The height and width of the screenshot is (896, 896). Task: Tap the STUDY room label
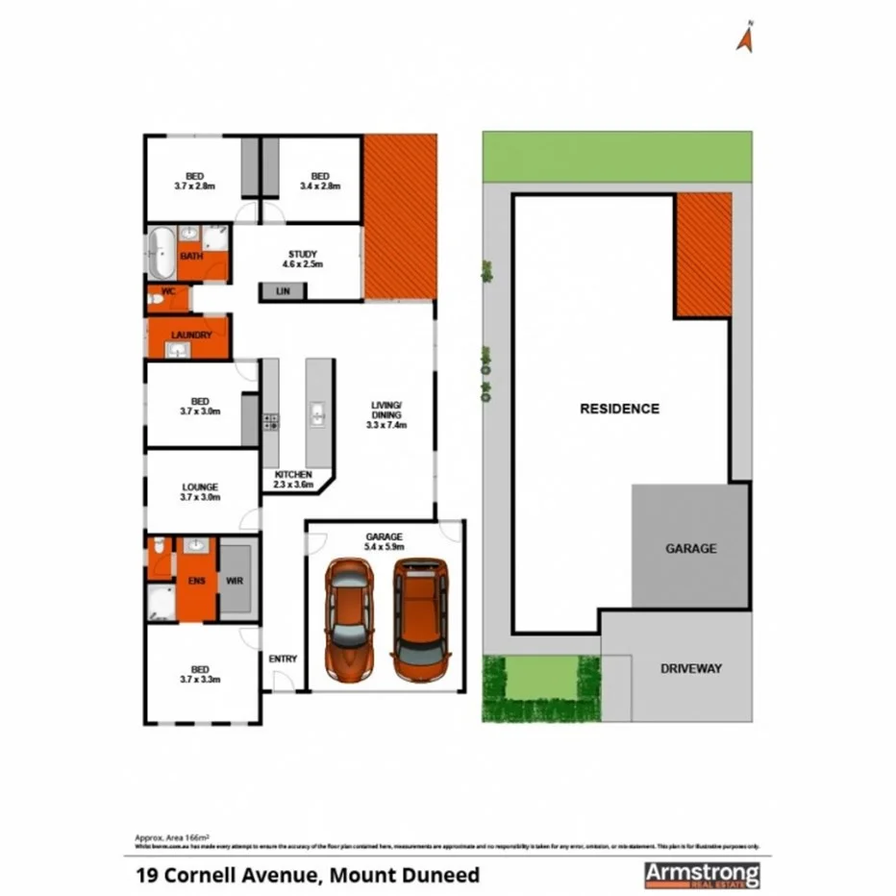tap(302, 259)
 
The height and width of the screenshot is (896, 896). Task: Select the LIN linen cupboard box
tap(283, 290)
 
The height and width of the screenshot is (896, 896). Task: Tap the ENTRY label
tap(283, 659)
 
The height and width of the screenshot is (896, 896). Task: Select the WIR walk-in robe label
tap(234, 581)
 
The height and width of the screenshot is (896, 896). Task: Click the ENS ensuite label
tap(195, 581)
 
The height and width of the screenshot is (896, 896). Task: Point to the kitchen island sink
tap(317, 415)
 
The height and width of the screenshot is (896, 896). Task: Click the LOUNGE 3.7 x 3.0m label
tap(199, 492)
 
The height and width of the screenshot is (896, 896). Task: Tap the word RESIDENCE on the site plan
tap(619, 409)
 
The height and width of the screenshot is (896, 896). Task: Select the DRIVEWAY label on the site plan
tap(691, 668)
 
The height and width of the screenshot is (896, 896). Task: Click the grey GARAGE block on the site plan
tap(690, 547)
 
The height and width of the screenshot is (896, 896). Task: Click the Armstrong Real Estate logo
tap(701, 874)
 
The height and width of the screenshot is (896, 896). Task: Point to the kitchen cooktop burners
tap(270, 419)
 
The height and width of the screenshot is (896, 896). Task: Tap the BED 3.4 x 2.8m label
tap(320, 180)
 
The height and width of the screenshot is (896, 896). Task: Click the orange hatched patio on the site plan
tap(703, 255)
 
